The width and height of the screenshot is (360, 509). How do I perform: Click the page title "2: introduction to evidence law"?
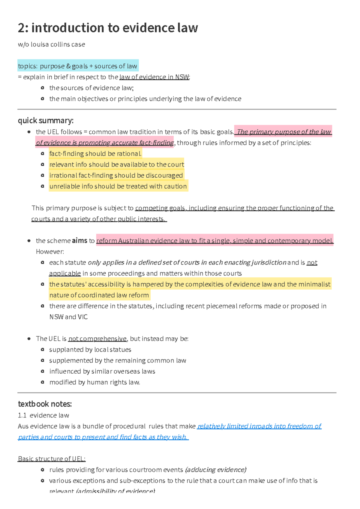108,28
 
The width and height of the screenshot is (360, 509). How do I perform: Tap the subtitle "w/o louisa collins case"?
51,44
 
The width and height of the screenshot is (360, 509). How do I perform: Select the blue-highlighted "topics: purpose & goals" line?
77,66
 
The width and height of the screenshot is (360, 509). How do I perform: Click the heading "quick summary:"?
46,120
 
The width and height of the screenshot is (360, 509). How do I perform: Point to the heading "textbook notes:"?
45,404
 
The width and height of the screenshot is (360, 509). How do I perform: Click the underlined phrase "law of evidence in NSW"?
154,77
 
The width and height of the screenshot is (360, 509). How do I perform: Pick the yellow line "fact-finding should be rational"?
95,154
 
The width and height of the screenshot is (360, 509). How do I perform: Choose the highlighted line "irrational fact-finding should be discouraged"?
116,175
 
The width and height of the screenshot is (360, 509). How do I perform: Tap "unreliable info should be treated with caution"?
118,186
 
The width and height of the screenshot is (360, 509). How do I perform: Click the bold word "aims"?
79,241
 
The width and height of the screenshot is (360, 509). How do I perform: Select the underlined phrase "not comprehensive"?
97,339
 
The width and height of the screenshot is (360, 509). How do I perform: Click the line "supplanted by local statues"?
90,350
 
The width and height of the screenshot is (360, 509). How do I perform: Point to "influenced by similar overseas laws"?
102,372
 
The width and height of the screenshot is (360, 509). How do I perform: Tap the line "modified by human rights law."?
94,382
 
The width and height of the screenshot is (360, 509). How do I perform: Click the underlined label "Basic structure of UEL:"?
52,459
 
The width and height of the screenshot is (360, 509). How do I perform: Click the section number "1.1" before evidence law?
22,415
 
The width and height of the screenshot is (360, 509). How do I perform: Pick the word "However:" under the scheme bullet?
50,251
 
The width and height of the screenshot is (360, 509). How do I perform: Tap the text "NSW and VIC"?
68,317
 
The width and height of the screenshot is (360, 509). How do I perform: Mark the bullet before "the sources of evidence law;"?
43,88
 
